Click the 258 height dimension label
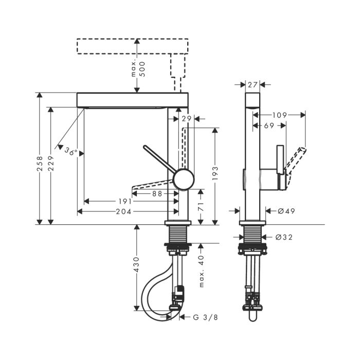pyautogui.click(x=40, y=164)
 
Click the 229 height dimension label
pyautogui.click(x=51, y=163)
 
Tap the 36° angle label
pyautogui.click(x=71, y=152)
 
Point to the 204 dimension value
pyautogui.click(x=123, y=211)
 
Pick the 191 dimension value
pyautogui.click(x=125, y=202)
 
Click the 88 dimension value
pyautogui.click(x=157, y=194)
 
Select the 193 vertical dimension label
pyautogui.click(x=215, y=173)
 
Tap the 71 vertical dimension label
pyautogui.click(x=201, y=206)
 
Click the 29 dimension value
pyautogui.click(x=186, y=119)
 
